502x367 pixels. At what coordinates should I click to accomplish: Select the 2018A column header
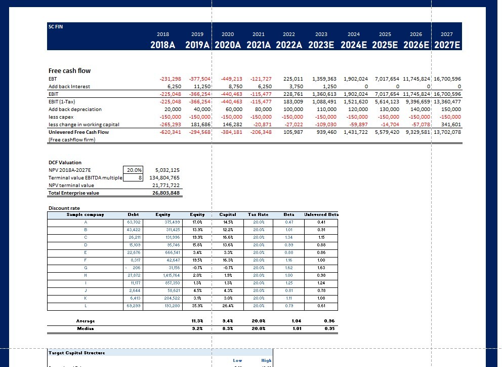pos(163,45)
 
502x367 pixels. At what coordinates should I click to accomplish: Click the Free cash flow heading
pos(69,70)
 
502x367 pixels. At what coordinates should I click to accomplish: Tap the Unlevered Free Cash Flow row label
pos(78,132)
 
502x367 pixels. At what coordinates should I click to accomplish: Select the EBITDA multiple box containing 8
pos(140,178)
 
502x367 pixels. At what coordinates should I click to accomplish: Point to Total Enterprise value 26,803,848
pos(164,193)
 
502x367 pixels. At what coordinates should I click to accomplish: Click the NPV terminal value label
pos(71,186)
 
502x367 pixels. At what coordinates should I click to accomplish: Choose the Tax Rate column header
pos(258,215)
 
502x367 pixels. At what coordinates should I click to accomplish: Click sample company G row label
pos(85,268)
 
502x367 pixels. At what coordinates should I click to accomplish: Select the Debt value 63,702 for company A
pos(134,222)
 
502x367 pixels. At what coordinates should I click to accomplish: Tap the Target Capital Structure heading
pos(76,353)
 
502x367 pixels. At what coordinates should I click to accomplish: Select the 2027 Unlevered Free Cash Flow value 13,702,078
pos(446,132)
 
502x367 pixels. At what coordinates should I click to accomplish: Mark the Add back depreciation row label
pos(75,109)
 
